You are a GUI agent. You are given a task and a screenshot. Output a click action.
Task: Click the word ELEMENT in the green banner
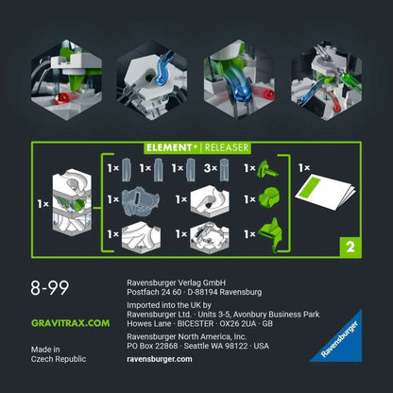point(169,146)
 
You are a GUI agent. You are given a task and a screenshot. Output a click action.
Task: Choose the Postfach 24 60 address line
point(195,291)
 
